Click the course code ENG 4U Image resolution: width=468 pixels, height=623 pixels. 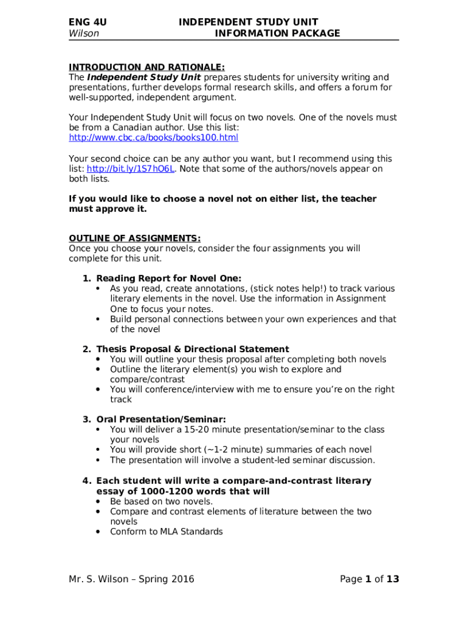click(88, 23)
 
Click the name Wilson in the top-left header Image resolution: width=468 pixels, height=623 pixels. click(84, 33)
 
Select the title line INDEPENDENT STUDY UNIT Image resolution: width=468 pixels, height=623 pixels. click(248, 23)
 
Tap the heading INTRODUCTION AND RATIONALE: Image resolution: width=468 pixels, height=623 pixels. click(147, 67)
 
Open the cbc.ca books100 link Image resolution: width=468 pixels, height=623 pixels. click(153, 138)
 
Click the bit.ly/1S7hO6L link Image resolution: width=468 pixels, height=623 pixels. click(131, 169)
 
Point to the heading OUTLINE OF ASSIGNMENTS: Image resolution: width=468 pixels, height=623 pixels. click(134, 238)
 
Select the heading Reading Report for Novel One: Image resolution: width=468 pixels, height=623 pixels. click(169, 278)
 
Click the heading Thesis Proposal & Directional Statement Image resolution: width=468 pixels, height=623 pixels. click(193, 349)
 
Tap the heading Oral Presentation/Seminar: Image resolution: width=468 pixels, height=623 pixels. click(161, 419)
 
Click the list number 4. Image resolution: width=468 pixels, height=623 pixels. click(86, 481)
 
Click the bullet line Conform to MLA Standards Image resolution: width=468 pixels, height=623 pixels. click(166, 532)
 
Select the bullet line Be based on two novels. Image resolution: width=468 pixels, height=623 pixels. click(161, 501)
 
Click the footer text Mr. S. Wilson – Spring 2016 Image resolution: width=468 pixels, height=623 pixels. click(131, 579)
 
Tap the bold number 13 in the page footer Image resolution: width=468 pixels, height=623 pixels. click(393, 579)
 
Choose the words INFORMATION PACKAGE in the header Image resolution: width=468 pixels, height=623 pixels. click(277, 33)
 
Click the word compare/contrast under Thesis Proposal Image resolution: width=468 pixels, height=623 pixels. click(139, 379)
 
